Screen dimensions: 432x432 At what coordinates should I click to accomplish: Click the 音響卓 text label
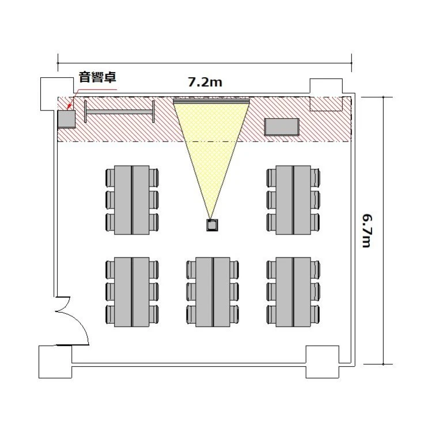(x=97, y=77)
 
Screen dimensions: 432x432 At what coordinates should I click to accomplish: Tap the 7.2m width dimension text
(x=205, y=82)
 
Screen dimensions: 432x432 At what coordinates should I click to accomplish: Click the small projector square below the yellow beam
(x=212, y=225)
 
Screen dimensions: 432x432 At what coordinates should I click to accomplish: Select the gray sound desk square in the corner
(x=66, y=119)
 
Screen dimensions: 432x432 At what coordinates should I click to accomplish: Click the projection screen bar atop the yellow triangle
(x=211, y=101)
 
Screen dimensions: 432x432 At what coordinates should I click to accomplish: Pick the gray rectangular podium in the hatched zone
(x=282, y=127)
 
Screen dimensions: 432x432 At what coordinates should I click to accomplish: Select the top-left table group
(x=132, y=200)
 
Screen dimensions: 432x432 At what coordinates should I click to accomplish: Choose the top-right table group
(x=293, y=200)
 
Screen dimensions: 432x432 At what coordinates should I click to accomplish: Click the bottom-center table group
(x=213, y=292)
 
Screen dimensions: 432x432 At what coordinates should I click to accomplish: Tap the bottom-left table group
(x=132, y=292)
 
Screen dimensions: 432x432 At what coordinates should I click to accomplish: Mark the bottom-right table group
(x=293, y=292)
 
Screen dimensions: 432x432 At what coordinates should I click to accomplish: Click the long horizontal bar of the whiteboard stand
(x=119, y=112)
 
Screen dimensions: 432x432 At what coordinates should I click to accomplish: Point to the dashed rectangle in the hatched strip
(x=326, y=104)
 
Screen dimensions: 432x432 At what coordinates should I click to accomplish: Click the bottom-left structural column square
(x=55, y=362)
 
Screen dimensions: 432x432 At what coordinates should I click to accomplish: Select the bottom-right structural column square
(x=323, y=362)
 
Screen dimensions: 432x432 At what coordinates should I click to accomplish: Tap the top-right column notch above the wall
(x=326, y=86)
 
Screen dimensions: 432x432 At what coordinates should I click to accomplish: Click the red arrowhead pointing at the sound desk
(x=70, y=107)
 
